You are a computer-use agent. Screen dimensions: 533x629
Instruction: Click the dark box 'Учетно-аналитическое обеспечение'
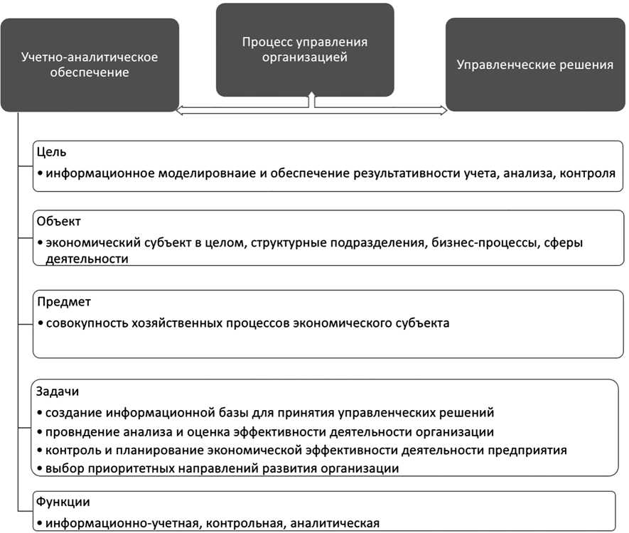[89, 65]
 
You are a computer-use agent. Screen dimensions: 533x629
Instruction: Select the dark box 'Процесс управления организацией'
[305, 50]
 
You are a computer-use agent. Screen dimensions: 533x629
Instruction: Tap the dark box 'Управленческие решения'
[534, 65]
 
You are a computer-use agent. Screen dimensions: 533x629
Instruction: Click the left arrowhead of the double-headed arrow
[180, 109]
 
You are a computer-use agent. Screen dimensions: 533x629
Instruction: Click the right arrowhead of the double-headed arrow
[443, 109]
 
